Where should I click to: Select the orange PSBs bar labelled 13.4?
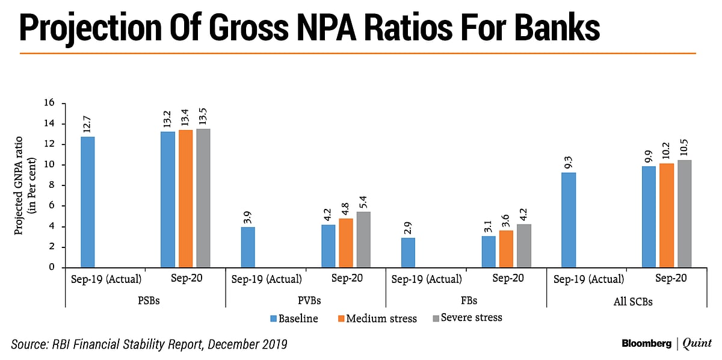tap(185, 199)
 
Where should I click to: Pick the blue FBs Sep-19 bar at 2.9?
tap(408, 252)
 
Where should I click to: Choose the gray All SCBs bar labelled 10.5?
tap(683, 214)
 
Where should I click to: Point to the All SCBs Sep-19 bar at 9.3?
tap(568, 220)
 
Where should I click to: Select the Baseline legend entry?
tap(294, 318)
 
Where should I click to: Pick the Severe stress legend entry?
tap(468, 317)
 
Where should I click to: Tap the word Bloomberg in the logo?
tap(647, 344)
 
